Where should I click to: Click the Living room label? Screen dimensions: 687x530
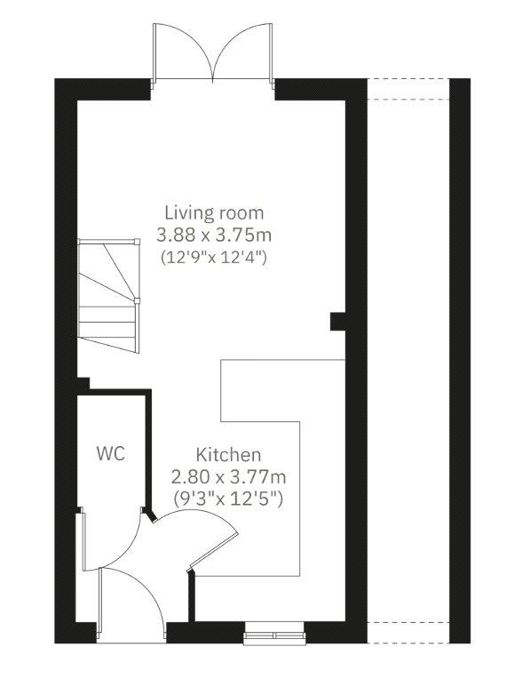214,213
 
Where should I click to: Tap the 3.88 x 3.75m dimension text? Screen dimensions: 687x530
214,236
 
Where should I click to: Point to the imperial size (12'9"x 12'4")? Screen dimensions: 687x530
214,258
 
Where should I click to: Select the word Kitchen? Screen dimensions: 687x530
229,454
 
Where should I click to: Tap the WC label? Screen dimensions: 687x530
110,453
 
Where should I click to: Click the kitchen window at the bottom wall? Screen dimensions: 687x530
275,634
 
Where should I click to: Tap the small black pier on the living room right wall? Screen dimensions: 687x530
337,320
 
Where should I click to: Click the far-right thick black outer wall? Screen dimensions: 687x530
461,355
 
